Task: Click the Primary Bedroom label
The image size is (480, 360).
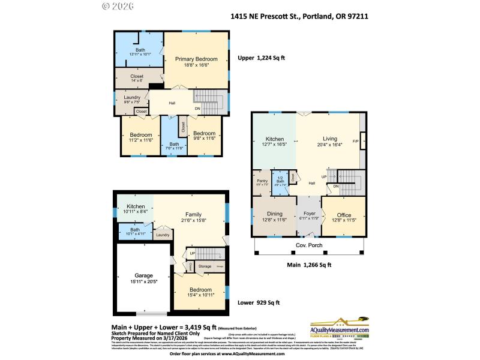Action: (x=196, y=59)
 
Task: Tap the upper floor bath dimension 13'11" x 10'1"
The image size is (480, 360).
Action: (x=140, y=56)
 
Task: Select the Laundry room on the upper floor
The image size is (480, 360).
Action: (x=132, y=98)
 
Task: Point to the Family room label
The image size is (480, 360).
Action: (x=193, y=214)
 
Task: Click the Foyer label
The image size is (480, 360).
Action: (x=310, y=214)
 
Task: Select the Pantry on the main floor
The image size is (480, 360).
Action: (x=262, y=181)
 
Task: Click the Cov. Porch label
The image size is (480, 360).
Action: (x=308, y=245)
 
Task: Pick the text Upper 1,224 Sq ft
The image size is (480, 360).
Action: (x=262, y=58)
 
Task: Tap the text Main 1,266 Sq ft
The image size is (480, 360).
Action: (x=308, y=264)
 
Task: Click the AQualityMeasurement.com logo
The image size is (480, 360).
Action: (x=339, y=328)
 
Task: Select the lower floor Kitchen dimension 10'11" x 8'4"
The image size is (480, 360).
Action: (x=136, y=211)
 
